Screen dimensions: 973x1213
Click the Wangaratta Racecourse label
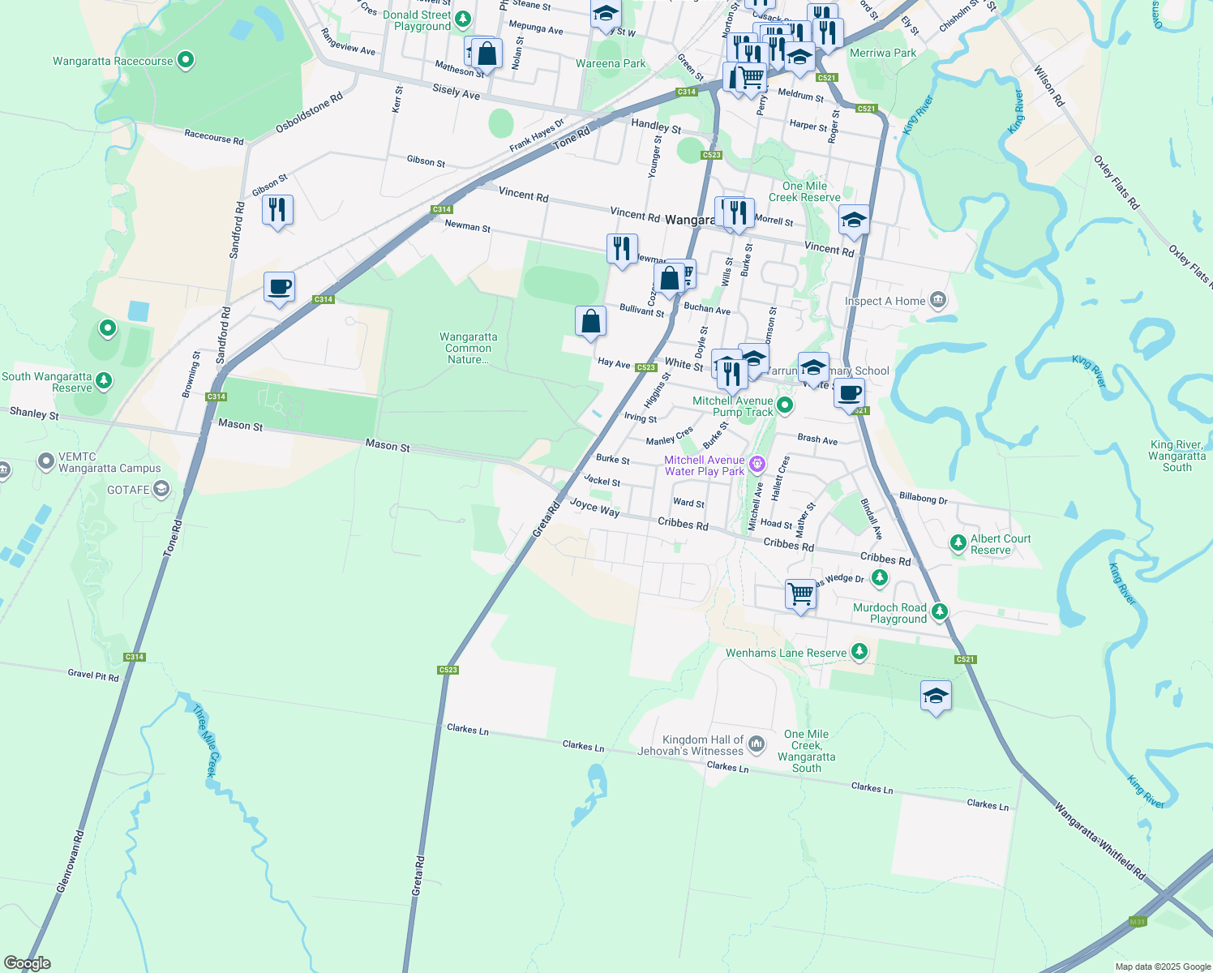tap(113, 61)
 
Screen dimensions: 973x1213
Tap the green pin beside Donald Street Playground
tap(463, 18)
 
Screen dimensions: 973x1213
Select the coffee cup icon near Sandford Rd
tap(279, 287)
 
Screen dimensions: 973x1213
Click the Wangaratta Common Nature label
tap(468, 348)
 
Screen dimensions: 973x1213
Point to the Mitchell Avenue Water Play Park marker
tap(757, 464)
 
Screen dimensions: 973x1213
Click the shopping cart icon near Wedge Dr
tap(800, 594)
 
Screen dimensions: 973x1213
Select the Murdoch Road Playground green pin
tap(940, 611)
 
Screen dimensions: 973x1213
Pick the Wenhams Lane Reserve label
tap(786, 653)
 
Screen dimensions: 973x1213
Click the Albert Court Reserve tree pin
tap(958, 542)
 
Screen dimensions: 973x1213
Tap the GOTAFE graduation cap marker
tap(161, 488)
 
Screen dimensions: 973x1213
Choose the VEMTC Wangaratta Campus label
tap(109, 463)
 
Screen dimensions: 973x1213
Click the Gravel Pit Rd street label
tap(93, 675)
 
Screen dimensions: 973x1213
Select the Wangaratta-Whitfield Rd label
tap(1099, 840)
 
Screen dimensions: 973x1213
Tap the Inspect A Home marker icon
tap(938, 300)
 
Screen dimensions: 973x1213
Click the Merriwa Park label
tap(883, 53)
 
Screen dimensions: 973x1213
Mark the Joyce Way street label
tap(594, 507)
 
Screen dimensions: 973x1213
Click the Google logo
tap(28, 963)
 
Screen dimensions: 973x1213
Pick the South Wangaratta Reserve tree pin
tap(103, 380)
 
